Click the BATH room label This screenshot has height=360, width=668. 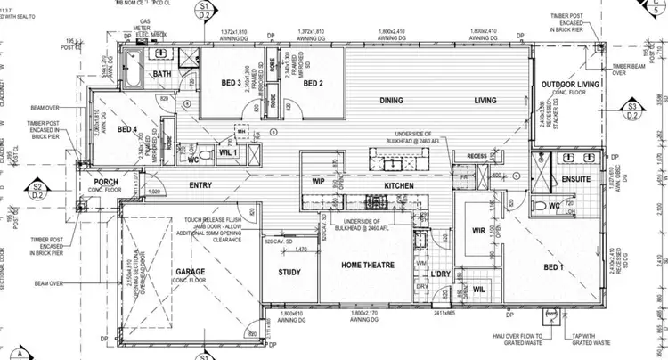162,74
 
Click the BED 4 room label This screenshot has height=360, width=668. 126,128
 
